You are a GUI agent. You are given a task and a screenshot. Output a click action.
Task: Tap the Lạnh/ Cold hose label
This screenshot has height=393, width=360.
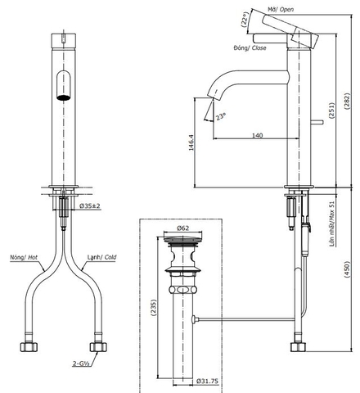tap(102, 256)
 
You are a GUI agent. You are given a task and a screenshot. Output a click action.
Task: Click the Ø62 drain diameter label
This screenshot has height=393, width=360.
tap(184, 229)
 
